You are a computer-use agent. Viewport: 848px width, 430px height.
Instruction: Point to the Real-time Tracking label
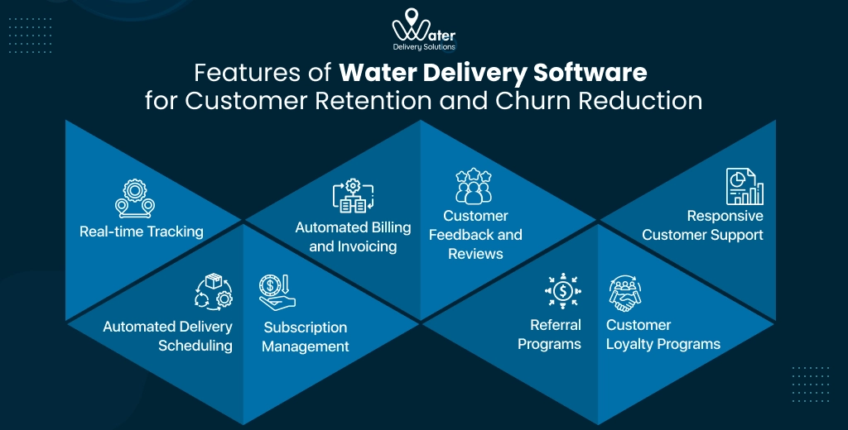(x=142, y=232)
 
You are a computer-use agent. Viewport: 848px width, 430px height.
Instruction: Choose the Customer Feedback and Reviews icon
(x=475, y=186)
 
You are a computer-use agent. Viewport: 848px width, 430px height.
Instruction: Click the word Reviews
(x=476, y=254)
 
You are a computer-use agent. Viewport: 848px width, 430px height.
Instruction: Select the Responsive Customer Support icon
(x=744, y=186)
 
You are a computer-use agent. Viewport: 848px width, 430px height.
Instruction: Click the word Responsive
(x=725, y=216)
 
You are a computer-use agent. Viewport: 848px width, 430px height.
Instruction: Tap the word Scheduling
(x=195, y=346)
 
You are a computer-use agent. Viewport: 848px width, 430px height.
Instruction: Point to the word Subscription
(x=305, y=327)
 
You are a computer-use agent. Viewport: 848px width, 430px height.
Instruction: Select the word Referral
(x=556, y=325)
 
